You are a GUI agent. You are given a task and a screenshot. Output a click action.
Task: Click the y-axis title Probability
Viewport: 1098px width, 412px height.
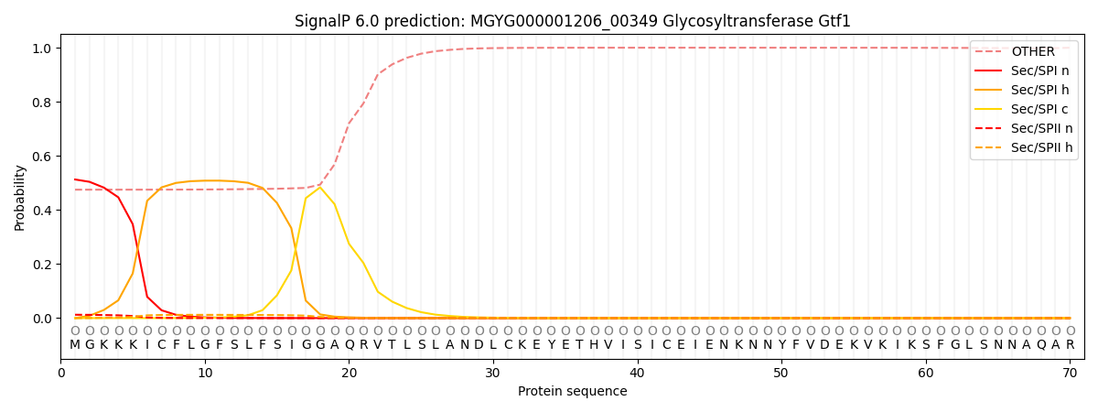(20, 197)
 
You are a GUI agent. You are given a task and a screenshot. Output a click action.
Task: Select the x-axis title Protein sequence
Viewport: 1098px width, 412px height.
(572, 392)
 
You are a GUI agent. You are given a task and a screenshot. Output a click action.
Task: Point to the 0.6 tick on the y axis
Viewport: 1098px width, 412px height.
(41, 157)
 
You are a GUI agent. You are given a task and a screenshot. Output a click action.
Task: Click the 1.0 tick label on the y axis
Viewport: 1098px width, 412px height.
(41, 48)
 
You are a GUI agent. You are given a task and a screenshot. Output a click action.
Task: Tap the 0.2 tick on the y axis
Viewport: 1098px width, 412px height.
(41, 265)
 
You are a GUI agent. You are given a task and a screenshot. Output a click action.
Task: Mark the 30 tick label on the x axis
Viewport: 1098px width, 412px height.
(492, 374)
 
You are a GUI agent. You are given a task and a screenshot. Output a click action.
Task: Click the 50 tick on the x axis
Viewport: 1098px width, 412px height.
(780, 374)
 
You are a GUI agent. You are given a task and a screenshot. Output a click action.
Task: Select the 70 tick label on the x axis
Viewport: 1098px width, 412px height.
(1070, 374)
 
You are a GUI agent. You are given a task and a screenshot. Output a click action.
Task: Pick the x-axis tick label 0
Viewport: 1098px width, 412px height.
(60, 374)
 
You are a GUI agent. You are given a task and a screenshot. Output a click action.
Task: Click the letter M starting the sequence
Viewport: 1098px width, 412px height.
(75, 345)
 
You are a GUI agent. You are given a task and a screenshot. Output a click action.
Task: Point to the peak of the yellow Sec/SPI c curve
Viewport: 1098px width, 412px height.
(320, 188)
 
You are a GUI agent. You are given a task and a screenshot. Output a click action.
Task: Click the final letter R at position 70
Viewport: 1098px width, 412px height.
(1070, 345)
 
